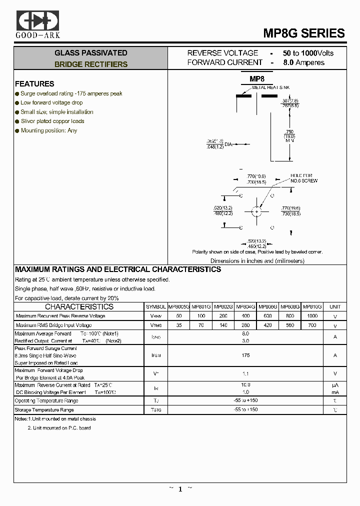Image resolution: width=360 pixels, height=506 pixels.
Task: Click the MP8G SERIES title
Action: pyautogui.click(x=304, y=33)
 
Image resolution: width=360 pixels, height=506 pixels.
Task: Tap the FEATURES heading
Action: pyautogui.click(x=34, y=84)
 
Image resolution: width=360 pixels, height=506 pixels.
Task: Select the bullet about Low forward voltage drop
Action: pyautogui.click(x=51, y=102)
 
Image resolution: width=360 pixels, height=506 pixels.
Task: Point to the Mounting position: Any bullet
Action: pyautogui.click(x=48, y=130)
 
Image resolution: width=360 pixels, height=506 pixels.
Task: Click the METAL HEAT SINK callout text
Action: pyautogui.click(x=270, y=87)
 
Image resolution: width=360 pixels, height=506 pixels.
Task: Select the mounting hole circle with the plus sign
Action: pyautogui.click(x=257, y=212)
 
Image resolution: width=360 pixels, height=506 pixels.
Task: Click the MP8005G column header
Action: pyautogui.click(x=178, y=306)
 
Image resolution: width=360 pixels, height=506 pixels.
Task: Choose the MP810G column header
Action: pyautogui.click(x=312, y=306)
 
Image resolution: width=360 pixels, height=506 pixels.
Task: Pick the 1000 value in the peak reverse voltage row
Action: pyautogui.click(x=312, y=316)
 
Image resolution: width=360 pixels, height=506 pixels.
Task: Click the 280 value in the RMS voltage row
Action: pyautogui.click(x=245, y=325)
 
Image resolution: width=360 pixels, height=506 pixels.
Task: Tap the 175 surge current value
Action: pyautogui.click(x=245, y=355)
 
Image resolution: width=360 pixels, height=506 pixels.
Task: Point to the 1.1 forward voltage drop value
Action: pyautogui.click(x=245, y=374)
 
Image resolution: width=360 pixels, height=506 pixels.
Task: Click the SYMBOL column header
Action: pyautogui.click(x=156, y=306)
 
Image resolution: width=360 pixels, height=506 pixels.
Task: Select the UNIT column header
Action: pyautogui.click(x=335, y=306)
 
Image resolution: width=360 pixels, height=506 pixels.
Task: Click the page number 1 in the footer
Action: pyautogui.click(x=180, y=489)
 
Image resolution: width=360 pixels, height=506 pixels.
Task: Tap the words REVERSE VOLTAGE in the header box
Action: pyautogui.click(x=222, y=53)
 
